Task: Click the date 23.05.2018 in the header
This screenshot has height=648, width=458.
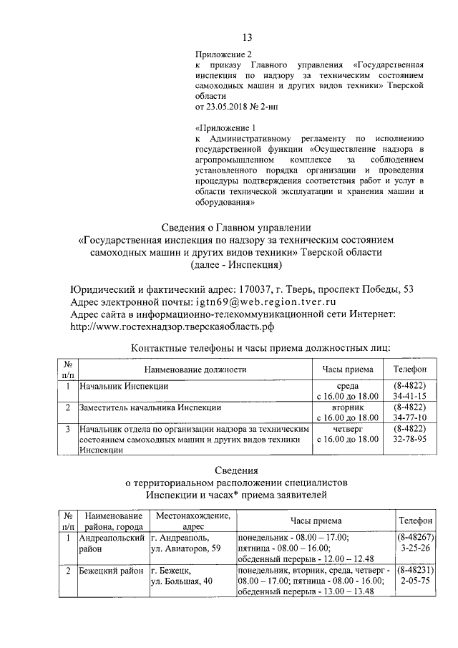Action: coord(229,107)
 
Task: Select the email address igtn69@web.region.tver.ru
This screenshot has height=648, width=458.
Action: coord(249,301)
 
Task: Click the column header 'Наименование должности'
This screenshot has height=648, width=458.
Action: coord(195,369)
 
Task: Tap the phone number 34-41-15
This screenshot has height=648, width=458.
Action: coord(410,395)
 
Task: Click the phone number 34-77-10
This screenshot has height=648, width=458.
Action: coord(410,417)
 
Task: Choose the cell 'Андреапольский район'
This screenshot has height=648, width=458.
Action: coord(111,542)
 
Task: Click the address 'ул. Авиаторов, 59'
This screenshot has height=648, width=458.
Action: coord(185,548)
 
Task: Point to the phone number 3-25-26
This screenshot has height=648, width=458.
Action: coord(415,548)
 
